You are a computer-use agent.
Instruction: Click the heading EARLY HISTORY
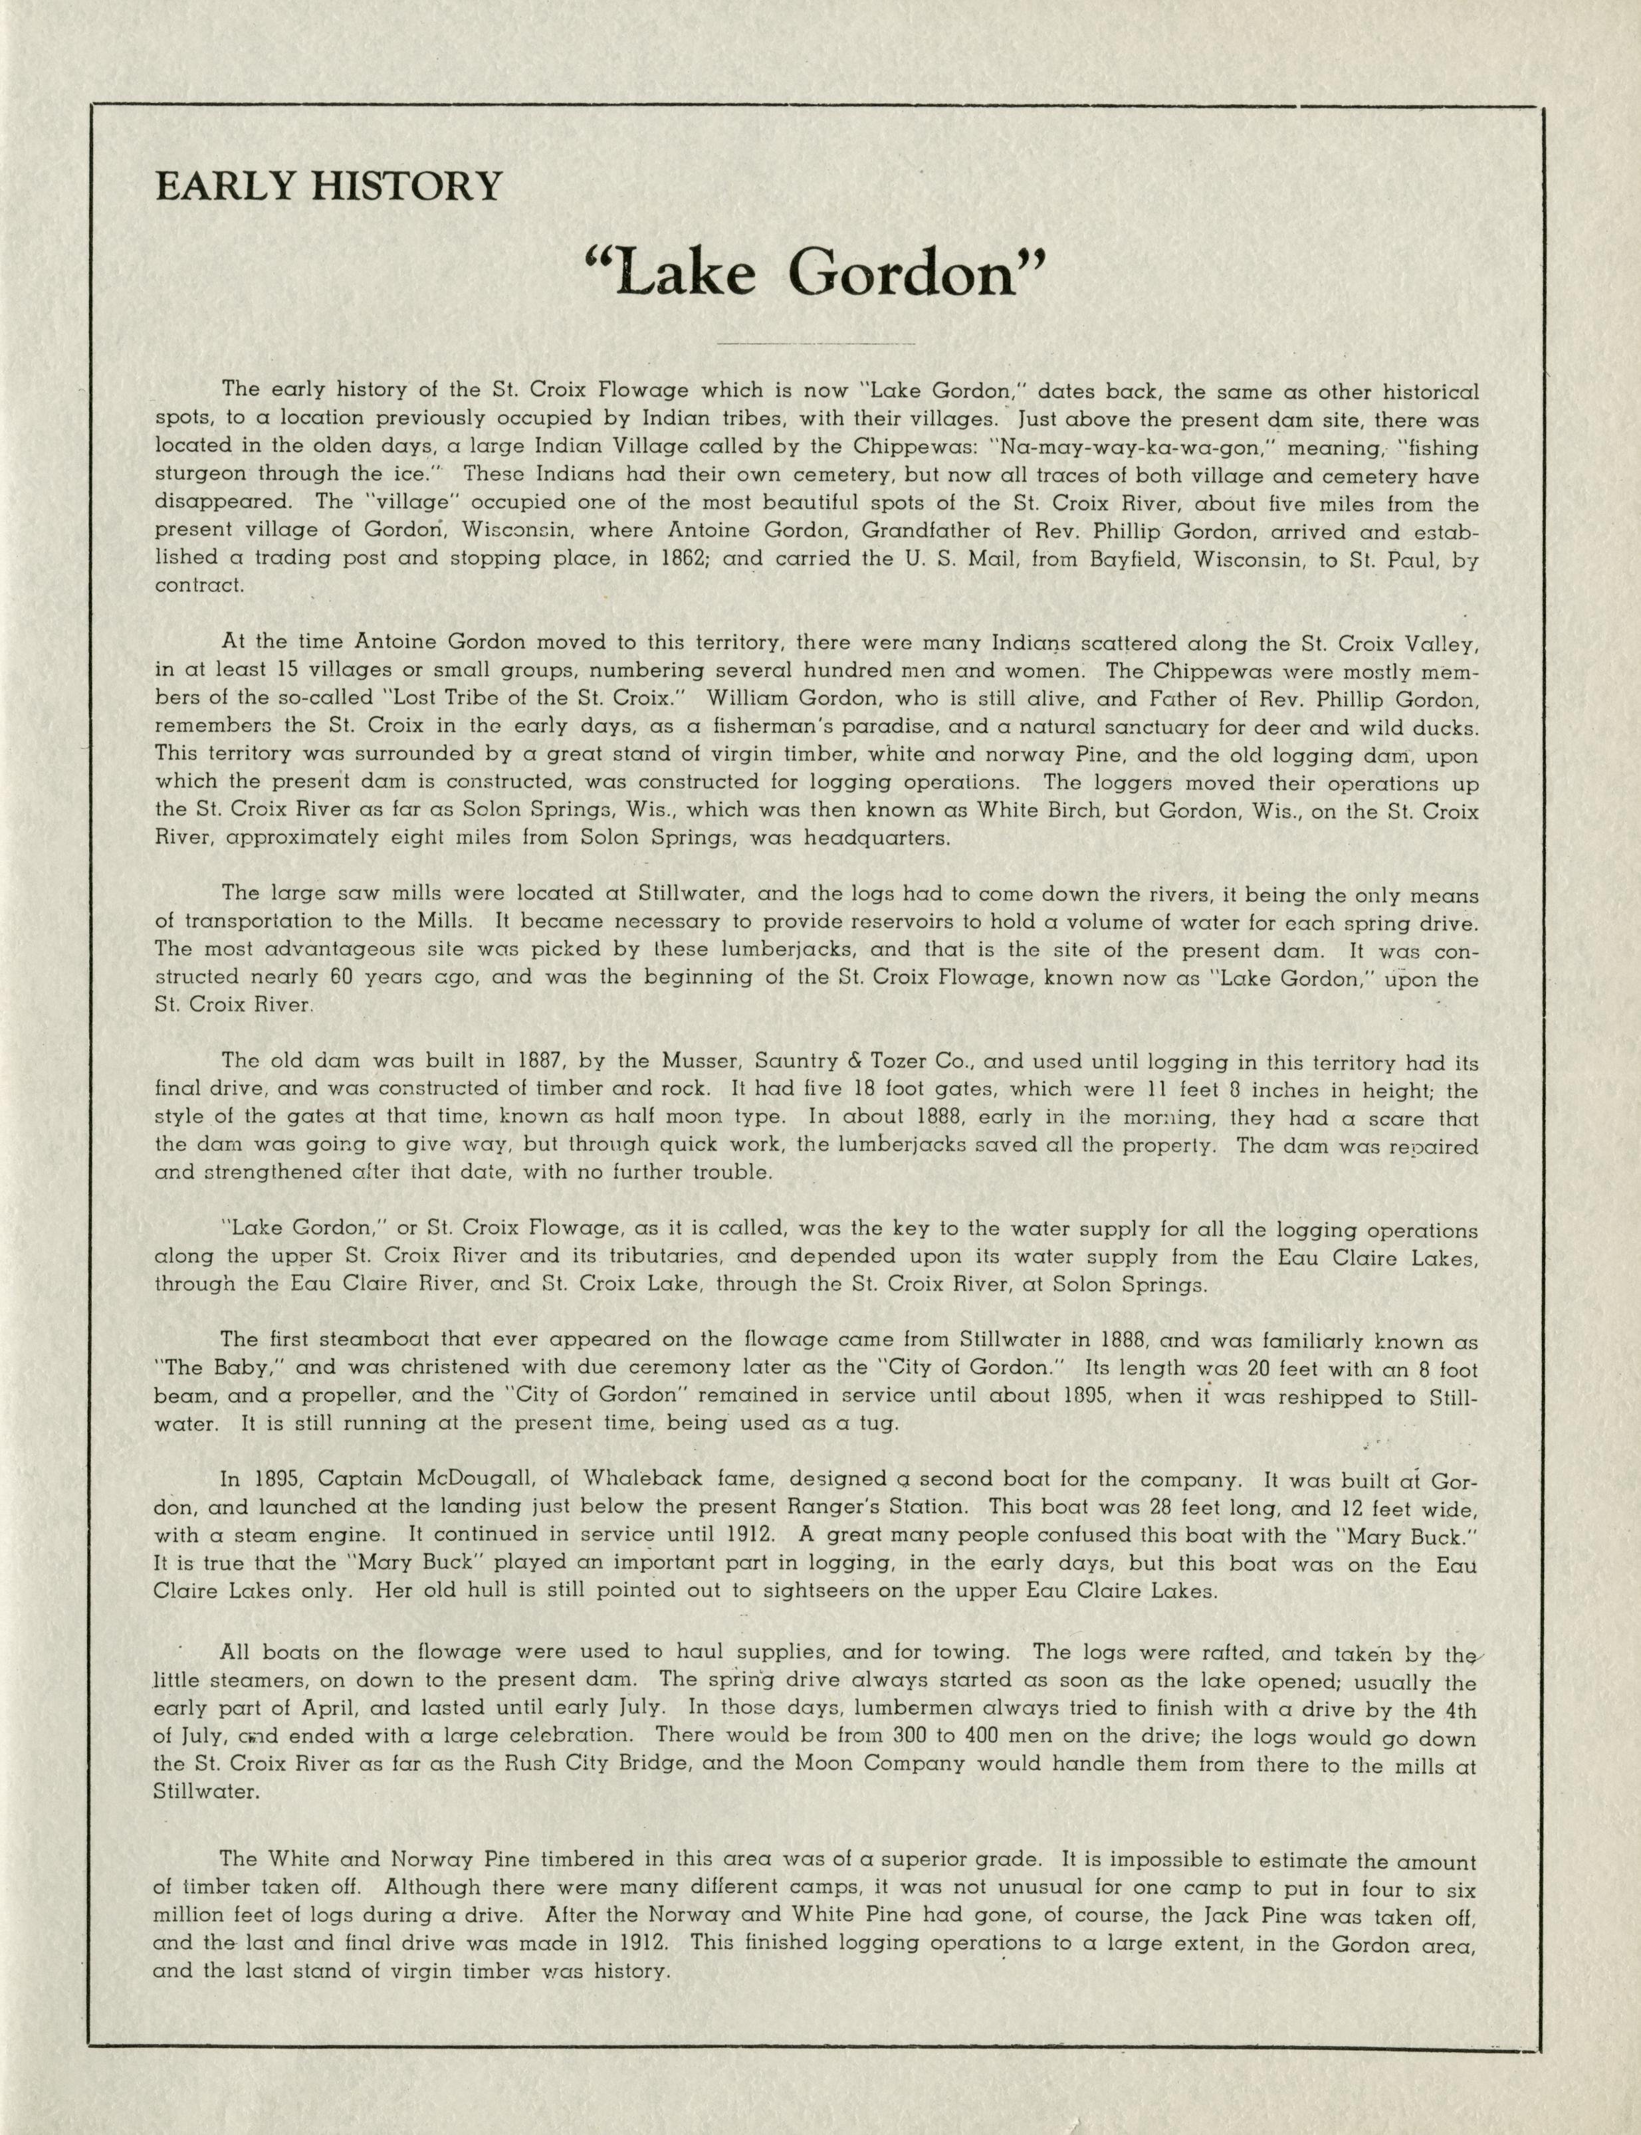point(328,185)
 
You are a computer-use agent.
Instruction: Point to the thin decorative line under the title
point(816,344)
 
